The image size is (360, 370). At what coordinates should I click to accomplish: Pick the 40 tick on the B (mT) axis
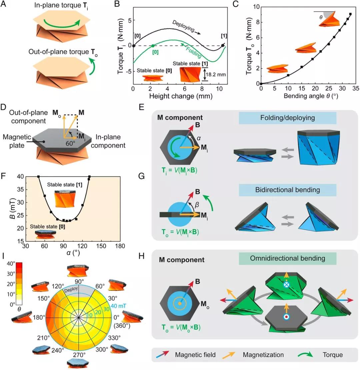tap(20, 177)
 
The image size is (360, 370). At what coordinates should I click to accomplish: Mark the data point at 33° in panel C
tap(350, 14)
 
